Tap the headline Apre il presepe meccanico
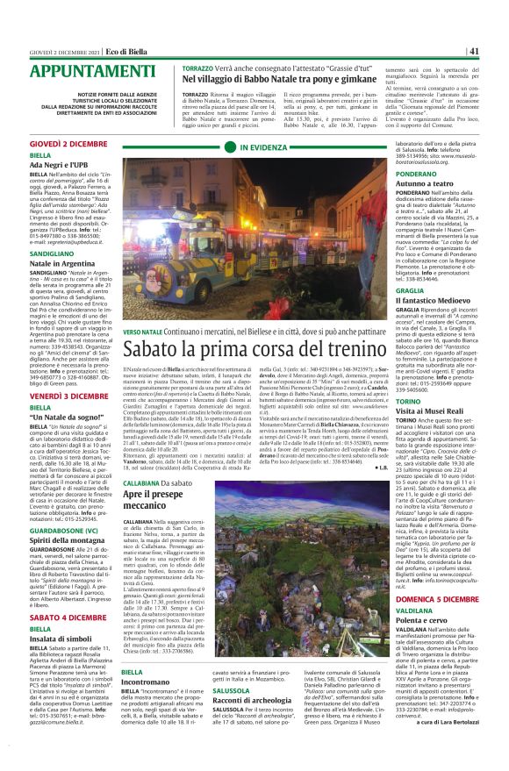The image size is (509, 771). click(x=158, y=502)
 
